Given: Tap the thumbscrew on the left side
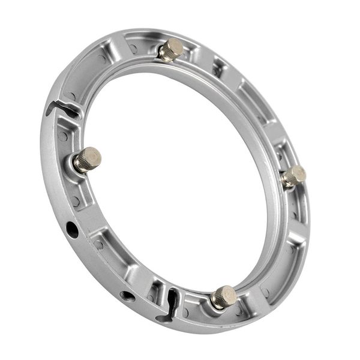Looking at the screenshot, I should pyautogui.click(x=87, y=160).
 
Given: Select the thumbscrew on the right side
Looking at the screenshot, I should pyautogui.click(x=293, y=176).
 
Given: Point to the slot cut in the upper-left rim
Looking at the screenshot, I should pyautogui.click(x=62, y=109).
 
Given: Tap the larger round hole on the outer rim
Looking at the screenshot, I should pyautogui.click(x=72, y=229).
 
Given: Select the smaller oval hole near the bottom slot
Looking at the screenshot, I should pyautogui.click(x=127, y=295).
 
